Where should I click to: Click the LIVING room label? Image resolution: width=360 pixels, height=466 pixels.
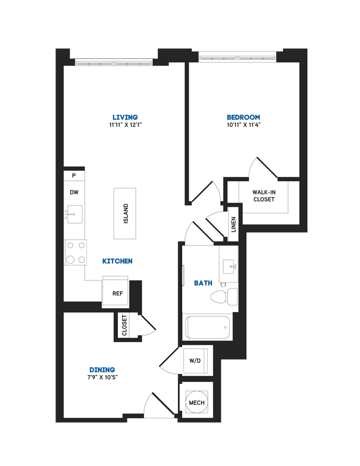[125, 117]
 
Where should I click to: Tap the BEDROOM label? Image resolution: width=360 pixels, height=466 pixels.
[243, 117]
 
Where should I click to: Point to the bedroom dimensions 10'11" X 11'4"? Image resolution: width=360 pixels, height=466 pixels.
[243, 125]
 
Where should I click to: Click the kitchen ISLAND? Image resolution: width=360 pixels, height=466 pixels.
[125, 213]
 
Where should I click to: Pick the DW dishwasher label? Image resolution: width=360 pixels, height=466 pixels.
[74, 193]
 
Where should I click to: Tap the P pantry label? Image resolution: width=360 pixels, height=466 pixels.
[74, 176]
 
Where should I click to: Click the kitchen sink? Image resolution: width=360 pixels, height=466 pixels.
[74, 213]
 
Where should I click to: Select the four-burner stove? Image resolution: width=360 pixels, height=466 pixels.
[75, 252]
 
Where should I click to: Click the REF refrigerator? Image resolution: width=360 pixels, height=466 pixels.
[117, 293]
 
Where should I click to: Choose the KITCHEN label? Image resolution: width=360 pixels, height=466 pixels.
[117, 261]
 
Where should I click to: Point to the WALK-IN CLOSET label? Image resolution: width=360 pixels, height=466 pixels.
[263, 196]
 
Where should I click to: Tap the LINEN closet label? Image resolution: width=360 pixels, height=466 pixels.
[233, 224]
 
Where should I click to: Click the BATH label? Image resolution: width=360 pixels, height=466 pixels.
[203, 283]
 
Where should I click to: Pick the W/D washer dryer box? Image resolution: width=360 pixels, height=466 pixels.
[195, 361]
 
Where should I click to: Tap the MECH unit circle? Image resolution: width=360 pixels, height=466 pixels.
[196, 402]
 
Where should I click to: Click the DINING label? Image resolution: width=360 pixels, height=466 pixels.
[102, 370]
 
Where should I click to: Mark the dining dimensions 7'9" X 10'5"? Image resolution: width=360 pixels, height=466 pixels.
[102, 377]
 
